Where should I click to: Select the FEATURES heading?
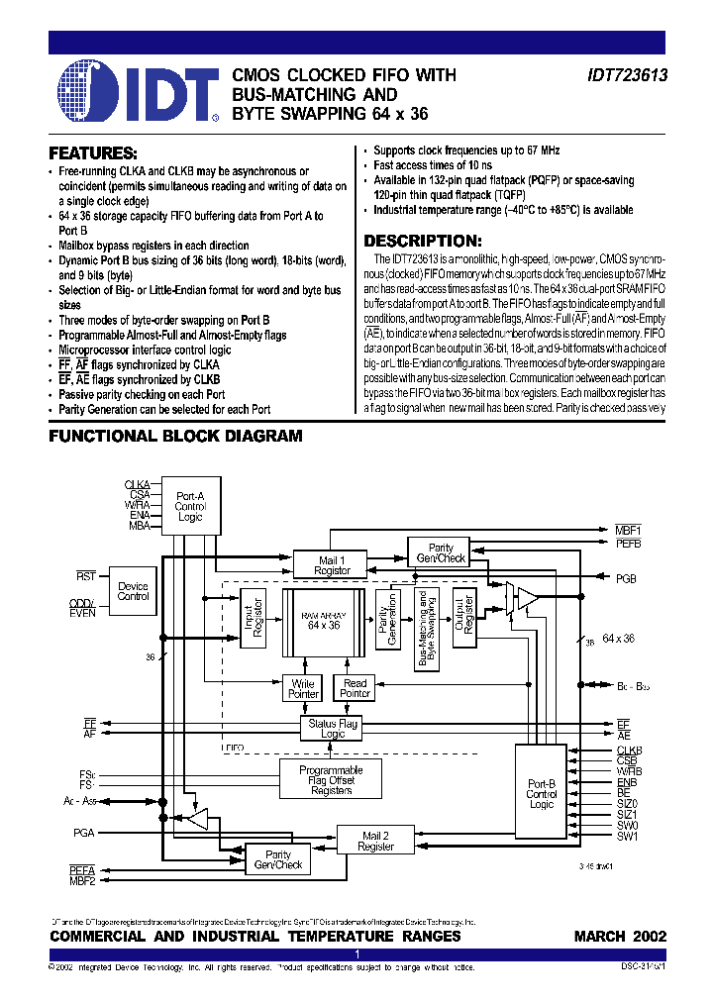click(93, 154)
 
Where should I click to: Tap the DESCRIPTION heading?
click(423, 241)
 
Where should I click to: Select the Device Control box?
click(133, 591)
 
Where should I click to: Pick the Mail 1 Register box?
click(333, 565)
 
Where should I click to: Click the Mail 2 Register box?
click(375, 841)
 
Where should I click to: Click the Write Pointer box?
click(303, 688)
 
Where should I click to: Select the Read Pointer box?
click(355, 688)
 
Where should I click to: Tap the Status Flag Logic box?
click(333, 729)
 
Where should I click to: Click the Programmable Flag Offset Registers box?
click(331, 780)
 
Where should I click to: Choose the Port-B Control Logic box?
click(542, 793)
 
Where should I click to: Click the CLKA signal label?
click(137, 484)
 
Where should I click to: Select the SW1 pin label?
click(627, 836)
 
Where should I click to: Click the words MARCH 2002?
click(620, 936)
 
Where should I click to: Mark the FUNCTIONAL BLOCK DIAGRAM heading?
click(175, 436)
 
